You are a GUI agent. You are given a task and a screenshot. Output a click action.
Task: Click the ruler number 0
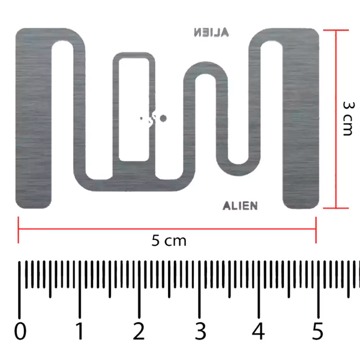click(x=21, y=331)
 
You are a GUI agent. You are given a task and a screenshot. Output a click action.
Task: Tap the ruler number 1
click(x=79, y=331)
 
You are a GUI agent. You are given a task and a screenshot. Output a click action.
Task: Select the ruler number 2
click(x=139, y=331)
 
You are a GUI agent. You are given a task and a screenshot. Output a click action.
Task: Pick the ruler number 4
click(x=259, y=331)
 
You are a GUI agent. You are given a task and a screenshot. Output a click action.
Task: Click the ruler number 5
click(x=318, y=331)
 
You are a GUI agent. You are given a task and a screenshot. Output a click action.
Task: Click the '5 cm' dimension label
click(x=169, y=241)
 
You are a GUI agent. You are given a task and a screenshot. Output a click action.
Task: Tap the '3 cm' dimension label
click(x=347, y=118)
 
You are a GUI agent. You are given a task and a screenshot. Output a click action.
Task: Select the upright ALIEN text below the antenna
click(x=240, y=206)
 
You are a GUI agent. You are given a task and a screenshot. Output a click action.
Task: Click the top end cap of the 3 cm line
click(x=334, y=29)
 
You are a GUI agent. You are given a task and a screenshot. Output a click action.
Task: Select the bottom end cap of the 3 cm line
click(x=334, y=208)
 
